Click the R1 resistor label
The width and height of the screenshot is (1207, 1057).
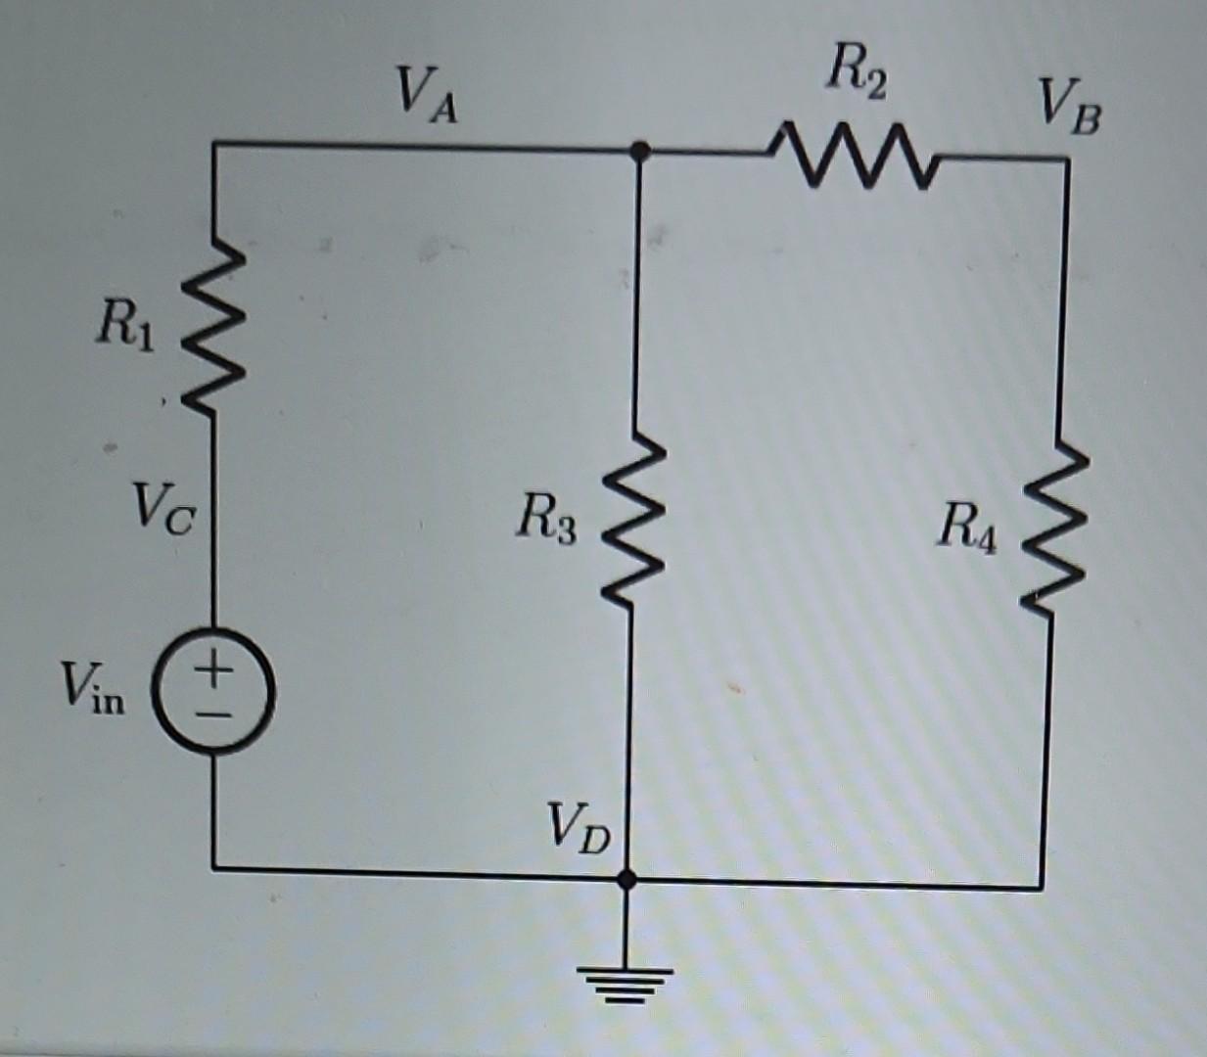[x=124, y=326]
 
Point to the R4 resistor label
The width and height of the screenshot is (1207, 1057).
[x=967, y=528]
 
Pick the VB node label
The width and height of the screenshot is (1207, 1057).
[x=1069, y=108]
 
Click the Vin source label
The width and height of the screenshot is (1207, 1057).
[x=93, y=685]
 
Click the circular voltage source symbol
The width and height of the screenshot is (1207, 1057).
[x=215, y=691]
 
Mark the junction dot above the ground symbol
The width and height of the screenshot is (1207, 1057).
[x=627, y=879]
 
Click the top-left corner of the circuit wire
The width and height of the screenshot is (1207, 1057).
[x=214, y=145]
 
